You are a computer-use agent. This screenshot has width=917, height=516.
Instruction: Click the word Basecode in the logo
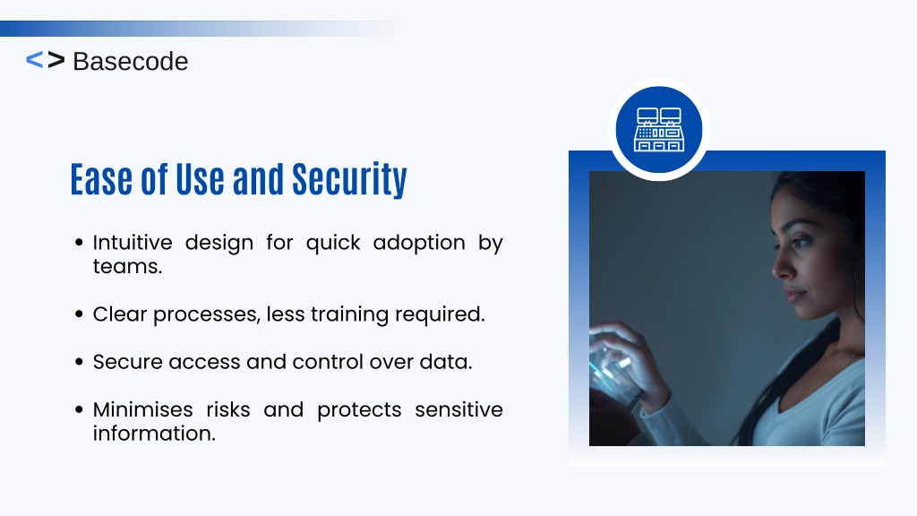pyautogui.click(x=131, y=62)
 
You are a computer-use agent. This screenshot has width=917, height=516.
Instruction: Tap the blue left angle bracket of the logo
pyautogui.click(x=35, y=60)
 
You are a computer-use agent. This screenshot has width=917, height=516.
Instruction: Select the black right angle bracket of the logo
pyautogui.click(x=56, y=60)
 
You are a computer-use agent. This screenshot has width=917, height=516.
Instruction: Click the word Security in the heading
pyautogui.click(x=349, y=179)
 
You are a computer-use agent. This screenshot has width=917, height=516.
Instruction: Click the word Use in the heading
pyautogui.click(x=200, y=179)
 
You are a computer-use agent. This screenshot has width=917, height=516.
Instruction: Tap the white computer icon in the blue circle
pyautogui.click(x=659, y=129)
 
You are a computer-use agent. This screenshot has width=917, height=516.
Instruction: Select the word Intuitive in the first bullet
pyautogui.click(x=133, y=242)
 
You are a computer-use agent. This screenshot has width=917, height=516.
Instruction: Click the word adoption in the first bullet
pyautogui.click(x=419, y=242)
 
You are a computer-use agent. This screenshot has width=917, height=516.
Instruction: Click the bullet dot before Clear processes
pyautogui.click(x=80, y=314)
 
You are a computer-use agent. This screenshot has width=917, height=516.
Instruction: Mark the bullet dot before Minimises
pyautogui.click(x=80, y=409)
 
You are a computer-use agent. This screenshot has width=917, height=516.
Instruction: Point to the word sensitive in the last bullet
pyautogui.click(x=459, y=409)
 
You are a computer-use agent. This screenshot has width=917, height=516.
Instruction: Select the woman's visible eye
pyautogui.click(x=801, y=240)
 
